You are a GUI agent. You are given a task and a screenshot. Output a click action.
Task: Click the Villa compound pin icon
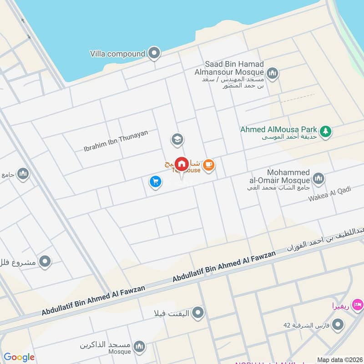(x=155, y=54)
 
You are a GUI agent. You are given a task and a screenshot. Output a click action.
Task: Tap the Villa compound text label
(x=117, y=54)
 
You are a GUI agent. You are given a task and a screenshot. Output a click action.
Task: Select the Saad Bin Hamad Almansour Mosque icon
(x=273, y=73)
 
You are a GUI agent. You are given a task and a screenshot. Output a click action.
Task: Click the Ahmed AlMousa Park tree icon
(x=325, y=131)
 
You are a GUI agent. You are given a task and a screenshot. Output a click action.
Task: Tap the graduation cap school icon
(x=177, y=139)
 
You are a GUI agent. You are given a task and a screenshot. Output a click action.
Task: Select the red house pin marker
(x=182, y=164)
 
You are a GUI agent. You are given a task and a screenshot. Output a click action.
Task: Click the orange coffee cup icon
(x=208, y=165)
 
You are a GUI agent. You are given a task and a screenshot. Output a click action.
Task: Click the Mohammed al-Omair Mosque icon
(x=318, y=178)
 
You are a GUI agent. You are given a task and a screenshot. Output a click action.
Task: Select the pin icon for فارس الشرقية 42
(x=338, y=325)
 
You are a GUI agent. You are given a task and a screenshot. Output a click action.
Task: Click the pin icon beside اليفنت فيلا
(x=198, y=313)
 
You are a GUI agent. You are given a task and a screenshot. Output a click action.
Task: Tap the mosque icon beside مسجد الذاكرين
(x=140, y=346)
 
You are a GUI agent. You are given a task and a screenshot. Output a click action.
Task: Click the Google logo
(x=19, y=357)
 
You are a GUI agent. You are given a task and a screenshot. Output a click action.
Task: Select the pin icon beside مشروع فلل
(x=45, y=262)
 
